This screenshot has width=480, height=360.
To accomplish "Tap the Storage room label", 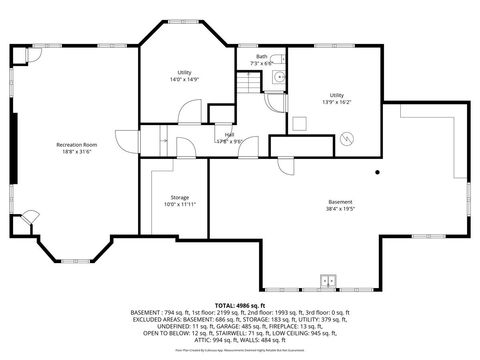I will click(180, 197).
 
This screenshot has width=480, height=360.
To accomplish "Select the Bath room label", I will click(261, 57).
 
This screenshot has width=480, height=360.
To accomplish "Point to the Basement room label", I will click(340, 202).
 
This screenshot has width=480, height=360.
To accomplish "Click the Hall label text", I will click(230, 134).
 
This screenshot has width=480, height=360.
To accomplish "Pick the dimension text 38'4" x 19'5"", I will click(340, 209).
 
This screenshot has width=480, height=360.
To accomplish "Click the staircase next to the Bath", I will click(248, 86).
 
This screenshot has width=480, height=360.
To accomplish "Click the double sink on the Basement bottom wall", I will click(327, 279).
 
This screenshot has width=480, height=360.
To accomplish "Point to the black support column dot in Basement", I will click(377, 173).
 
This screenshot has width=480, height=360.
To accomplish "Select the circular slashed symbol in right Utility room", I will click(346, 139).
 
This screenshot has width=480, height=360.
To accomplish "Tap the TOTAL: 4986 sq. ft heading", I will click(239, 304).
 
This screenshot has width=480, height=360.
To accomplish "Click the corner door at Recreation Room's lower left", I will click(30, 216).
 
